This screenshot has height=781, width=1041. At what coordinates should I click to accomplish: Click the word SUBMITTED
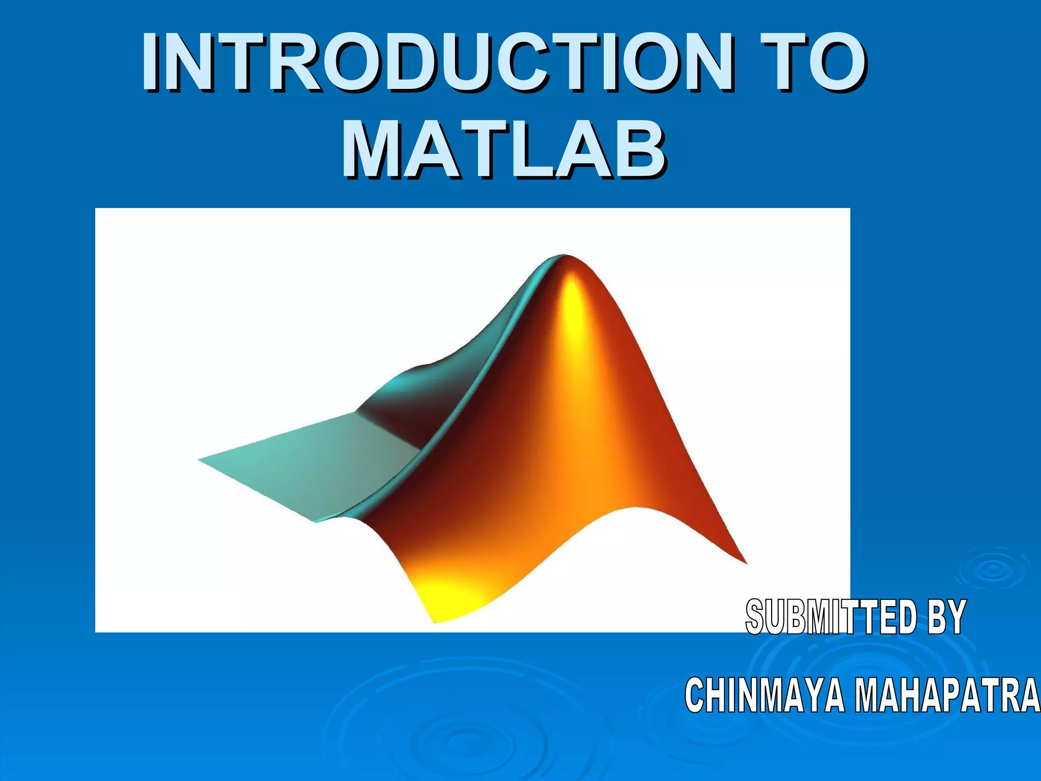(832, 617)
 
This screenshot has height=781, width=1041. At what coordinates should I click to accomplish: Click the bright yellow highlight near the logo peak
(572, 305)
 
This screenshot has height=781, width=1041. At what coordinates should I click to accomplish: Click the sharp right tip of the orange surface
(745, 562)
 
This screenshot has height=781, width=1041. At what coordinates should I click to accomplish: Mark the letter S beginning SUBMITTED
(757, 617)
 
